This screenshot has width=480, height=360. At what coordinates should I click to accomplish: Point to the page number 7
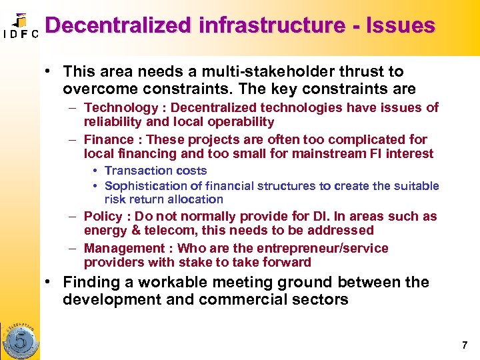[465, 345]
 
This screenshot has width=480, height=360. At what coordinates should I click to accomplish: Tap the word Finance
[109, 140]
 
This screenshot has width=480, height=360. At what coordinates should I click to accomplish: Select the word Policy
[103, 217]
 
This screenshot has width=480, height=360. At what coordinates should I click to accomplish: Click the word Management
[124, 249]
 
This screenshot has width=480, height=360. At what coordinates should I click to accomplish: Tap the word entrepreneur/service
[323, 249]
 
